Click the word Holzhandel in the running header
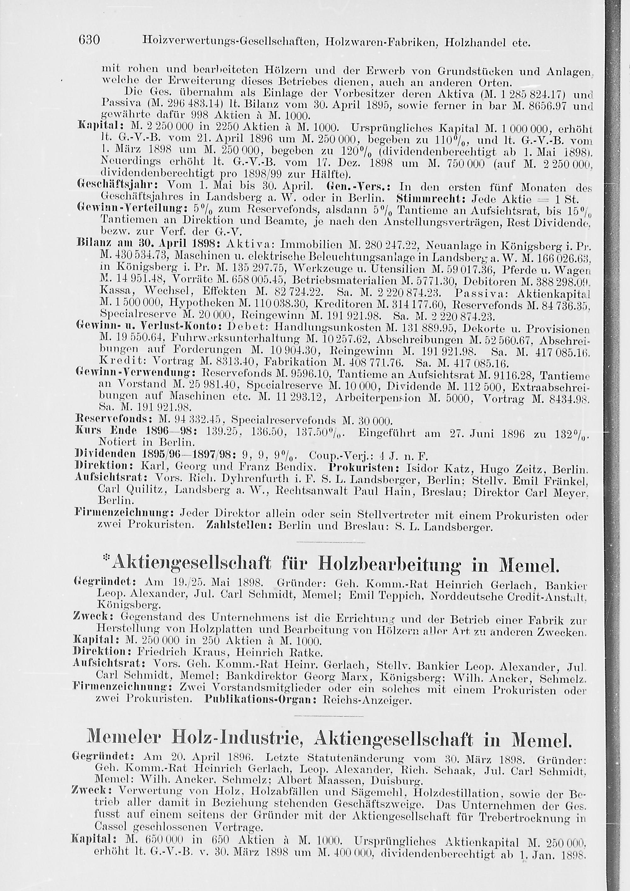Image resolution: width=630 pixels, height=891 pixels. click(475, 42)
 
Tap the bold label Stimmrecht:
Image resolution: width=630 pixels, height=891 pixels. click(430, 200)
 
